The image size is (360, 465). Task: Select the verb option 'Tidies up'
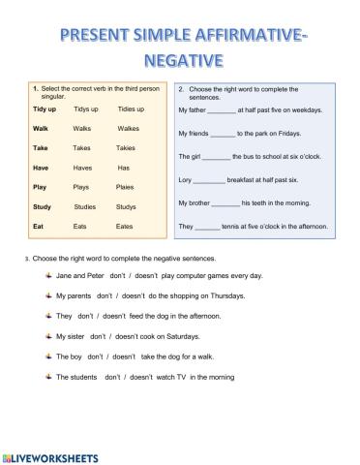[131, 108]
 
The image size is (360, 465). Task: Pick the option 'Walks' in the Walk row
[82, 128]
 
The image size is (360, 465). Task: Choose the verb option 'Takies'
[126, 148]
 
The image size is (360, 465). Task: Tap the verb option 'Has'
[123, 168]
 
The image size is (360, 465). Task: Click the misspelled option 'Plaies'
[126, 187]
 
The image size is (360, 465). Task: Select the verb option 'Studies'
[84, 206]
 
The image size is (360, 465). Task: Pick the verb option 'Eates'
[125, 226]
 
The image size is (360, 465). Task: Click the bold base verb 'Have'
[41, 168]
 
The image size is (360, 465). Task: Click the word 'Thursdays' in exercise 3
[225, 295]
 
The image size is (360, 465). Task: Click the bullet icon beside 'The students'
[47, 376]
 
